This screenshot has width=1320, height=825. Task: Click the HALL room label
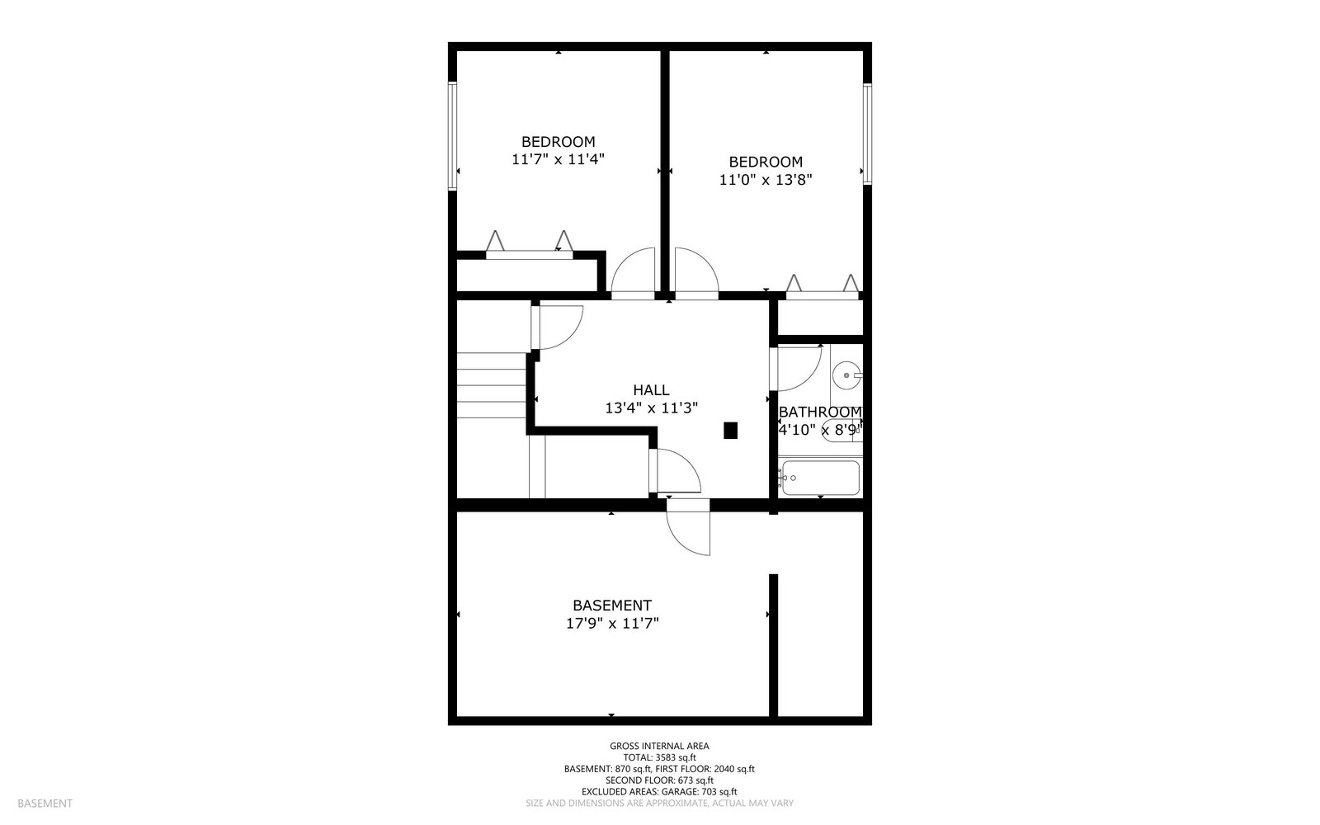tap(651, 390)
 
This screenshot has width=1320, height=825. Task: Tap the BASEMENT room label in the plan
tap(612, 606)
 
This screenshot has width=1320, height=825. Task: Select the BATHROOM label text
tap(820, 412)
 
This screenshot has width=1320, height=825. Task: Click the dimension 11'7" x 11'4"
tap(558, 159)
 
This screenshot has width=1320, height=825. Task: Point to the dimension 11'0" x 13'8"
tap(766, 179)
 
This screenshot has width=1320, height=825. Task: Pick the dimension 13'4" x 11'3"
tap(651, 408)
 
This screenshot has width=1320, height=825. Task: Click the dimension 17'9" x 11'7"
tap(612, 624)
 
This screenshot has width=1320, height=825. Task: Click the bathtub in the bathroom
tap(820, 478)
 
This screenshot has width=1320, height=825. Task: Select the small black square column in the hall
tap(731, 430)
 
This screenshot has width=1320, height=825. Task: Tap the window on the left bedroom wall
tap(453, 136)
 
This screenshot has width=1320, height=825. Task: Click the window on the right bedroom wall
tap(867, 134)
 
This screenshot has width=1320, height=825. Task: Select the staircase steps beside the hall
tap(492, 385)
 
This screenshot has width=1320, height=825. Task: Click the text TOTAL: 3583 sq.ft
tap(659, 758)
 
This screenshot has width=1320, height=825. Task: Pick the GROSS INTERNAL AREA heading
tap(659, 746)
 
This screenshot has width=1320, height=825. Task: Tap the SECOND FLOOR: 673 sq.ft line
tap(659, 780)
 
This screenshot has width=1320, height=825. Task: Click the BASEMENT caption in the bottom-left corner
tap(45, 804)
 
